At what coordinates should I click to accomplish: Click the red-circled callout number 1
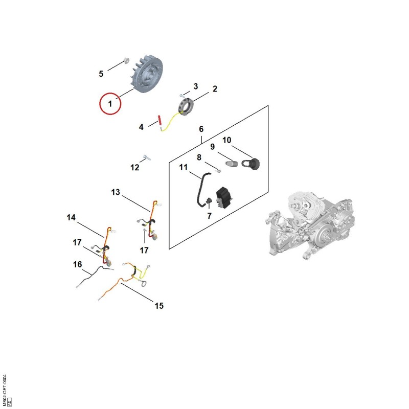[110, 104]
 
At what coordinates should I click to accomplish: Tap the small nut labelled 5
[126, 60]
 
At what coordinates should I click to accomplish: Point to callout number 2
[215, 89]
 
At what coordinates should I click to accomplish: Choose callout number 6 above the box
[201, 129]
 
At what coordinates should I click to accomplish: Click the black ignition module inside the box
[223, 198]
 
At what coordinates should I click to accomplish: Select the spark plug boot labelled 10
[251, 164]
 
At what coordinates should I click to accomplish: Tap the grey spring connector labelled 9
[232, 164]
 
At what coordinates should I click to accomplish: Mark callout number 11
[184, 167]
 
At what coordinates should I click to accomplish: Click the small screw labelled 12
[147, 157]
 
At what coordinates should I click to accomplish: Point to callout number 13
[116, 192]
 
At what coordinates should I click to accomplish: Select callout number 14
[71, 217]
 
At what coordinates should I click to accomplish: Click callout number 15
[159, 306]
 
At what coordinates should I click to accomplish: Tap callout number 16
[78, 264]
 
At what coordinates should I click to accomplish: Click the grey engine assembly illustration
[310, 225]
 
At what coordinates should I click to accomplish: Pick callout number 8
[199, 157]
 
